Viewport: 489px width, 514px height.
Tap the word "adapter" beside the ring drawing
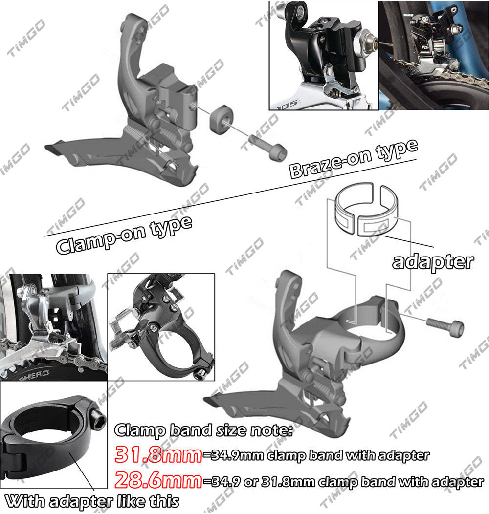433,261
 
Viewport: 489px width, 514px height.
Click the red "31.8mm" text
158,454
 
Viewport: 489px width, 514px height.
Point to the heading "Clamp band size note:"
203,430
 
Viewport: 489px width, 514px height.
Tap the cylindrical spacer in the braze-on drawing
221,119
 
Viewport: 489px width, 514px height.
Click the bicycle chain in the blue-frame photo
440,78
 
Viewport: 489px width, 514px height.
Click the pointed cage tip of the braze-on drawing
51,147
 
